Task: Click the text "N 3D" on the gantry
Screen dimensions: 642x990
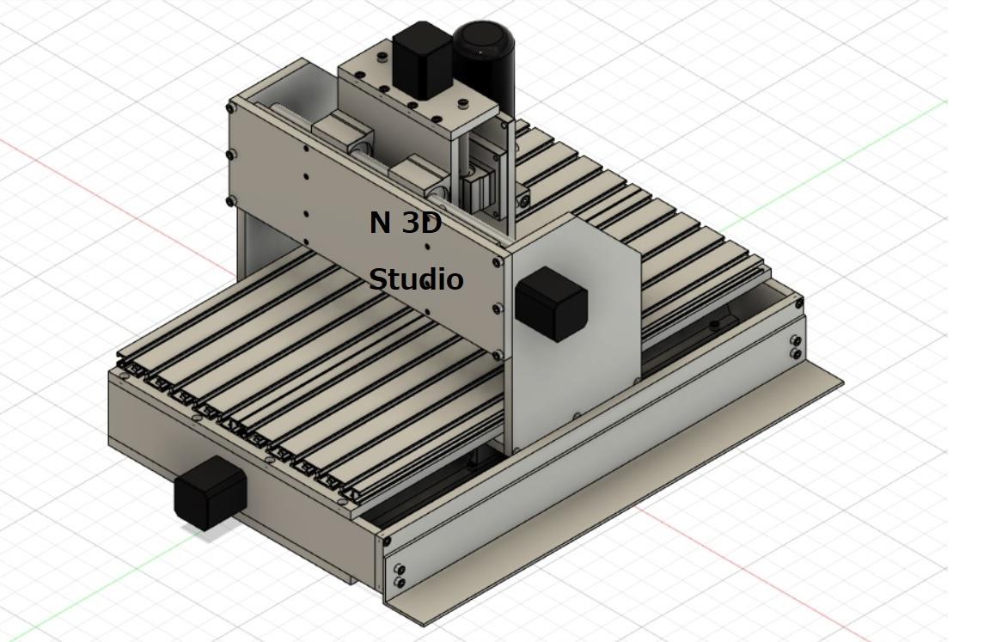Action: (x=406, y=223)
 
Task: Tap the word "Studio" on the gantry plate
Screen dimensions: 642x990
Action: (x=417, y=279)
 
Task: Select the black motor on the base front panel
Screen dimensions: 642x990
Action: (x=210, y=492)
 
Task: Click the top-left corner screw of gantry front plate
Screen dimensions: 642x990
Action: (x=230, y=108)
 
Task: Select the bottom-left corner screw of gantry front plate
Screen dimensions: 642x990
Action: (x=230, y=201)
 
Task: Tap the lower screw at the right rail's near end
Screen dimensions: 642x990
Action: (x=400, y=584)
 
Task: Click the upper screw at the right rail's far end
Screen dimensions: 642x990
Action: (x=796, y=341)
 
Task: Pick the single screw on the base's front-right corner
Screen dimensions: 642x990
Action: (x=386, y=541)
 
